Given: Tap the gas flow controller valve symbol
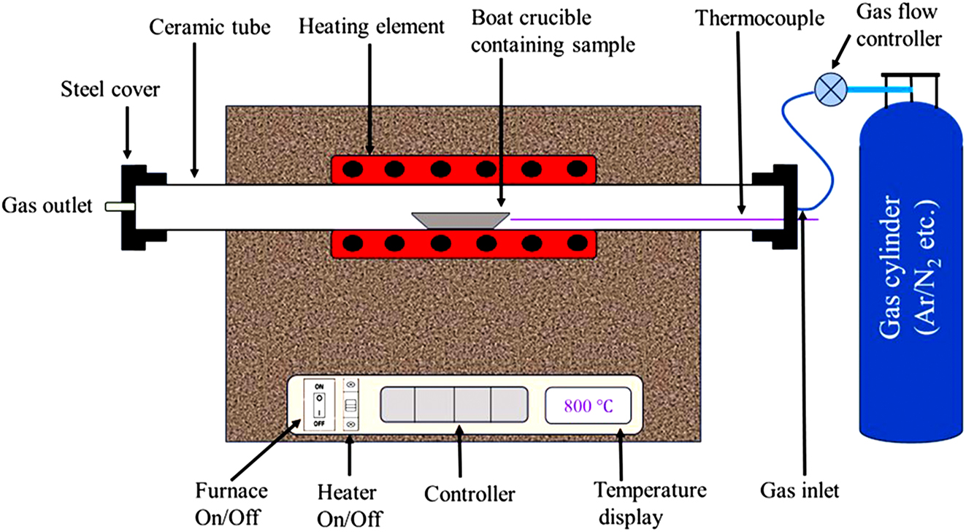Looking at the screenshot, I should pyautogui.click(x=829, y=89).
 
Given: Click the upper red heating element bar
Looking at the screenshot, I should pyautogui.click(x=464, y=169).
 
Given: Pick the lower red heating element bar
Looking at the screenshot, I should pyautogui.click(x=464, y=243).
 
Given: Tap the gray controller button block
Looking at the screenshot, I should pyautogui.click(x=453, y=404).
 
